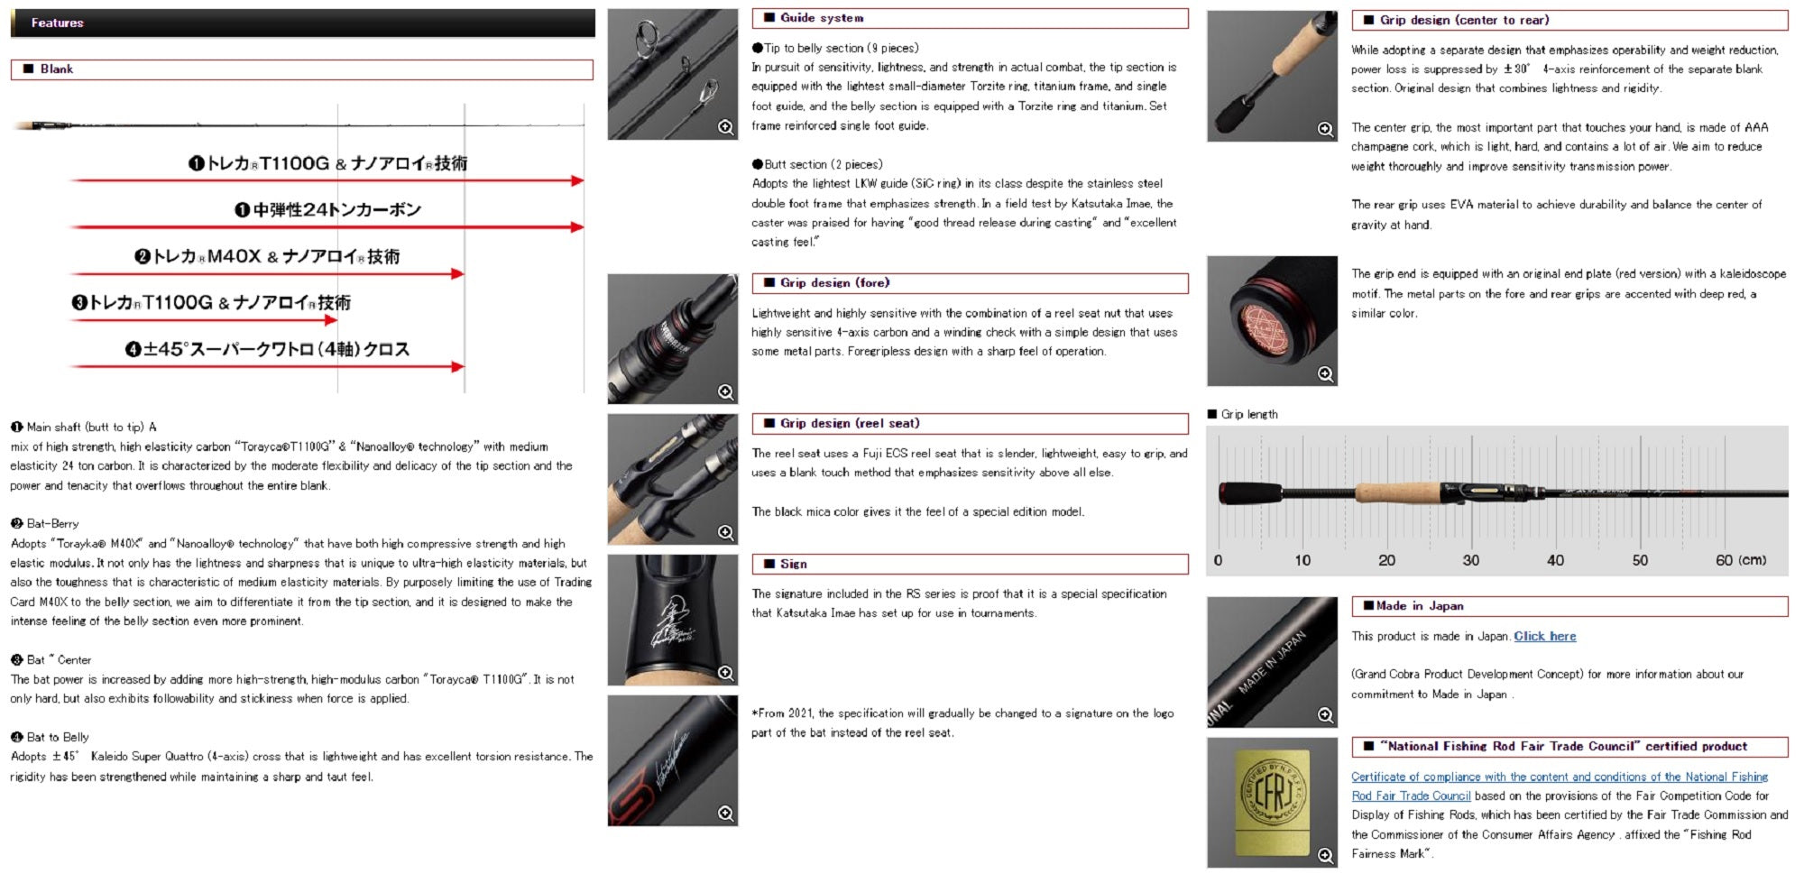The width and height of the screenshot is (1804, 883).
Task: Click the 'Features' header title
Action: coord(57,23)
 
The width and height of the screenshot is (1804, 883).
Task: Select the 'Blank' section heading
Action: coord(56,69)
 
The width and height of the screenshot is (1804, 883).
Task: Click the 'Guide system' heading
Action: coord(822,18)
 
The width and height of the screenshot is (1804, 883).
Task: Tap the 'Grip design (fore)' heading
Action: coord(834,283)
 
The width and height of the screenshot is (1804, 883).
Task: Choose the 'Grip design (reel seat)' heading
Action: coord(850,423)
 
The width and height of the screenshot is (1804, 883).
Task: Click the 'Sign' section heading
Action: coord(794,564)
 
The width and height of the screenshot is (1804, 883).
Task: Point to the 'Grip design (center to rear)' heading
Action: coord(1464,20)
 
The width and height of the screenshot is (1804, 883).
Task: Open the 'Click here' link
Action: coord(1545,636)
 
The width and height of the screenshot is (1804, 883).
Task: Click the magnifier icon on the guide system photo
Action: coord(726,127)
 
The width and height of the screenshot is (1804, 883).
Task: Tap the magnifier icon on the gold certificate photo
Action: coord(1325,855)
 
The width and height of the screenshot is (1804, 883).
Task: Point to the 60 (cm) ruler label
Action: coord(1741,560)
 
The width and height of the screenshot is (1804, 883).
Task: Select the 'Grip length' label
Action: coord(1249,414)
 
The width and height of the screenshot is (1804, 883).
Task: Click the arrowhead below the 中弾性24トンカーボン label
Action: coord(577,227)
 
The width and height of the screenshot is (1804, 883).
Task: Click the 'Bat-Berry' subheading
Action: coord(52,524)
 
